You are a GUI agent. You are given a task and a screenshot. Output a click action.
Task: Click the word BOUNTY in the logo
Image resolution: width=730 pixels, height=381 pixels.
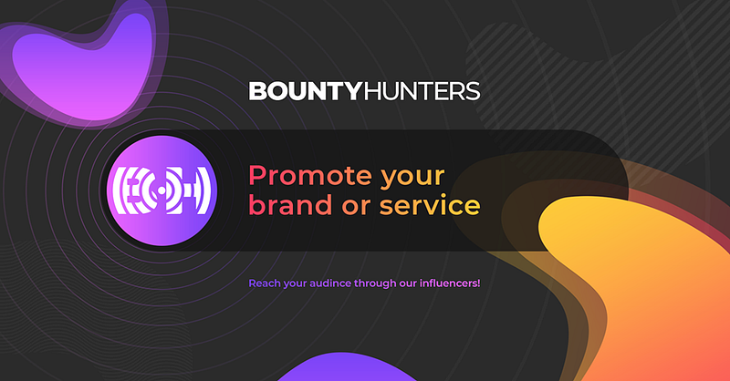coord(306,91)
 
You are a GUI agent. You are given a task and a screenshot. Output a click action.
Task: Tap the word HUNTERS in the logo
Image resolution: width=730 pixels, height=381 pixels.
coord(422,91)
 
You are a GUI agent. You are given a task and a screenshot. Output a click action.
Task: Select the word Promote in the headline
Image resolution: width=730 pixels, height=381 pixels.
coord(310,175)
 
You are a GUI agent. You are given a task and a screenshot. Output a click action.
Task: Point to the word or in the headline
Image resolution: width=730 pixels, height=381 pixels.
coord(356,208)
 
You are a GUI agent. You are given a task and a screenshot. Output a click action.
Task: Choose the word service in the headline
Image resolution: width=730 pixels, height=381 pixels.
coord(430,206)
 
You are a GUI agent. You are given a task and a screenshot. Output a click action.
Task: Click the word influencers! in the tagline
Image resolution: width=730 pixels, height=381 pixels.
coord(450,283)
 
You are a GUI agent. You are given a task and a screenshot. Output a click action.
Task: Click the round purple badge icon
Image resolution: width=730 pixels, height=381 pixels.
coord(162,190)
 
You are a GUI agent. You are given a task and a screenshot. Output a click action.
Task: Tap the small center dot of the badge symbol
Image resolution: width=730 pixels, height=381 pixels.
coord(162,190)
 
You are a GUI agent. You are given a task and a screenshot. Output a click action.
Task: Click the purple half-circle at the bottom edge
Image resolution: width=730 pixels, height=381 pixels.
coord(346,368)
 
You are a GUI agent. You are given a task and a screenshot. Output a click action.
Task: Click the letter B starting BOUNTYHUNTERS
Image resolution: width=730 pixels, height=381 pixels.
coord(257,91)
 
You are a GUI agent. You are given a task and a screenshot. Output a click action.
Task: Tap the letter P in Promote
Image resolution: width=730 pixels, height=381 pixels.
coord(257,176)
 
